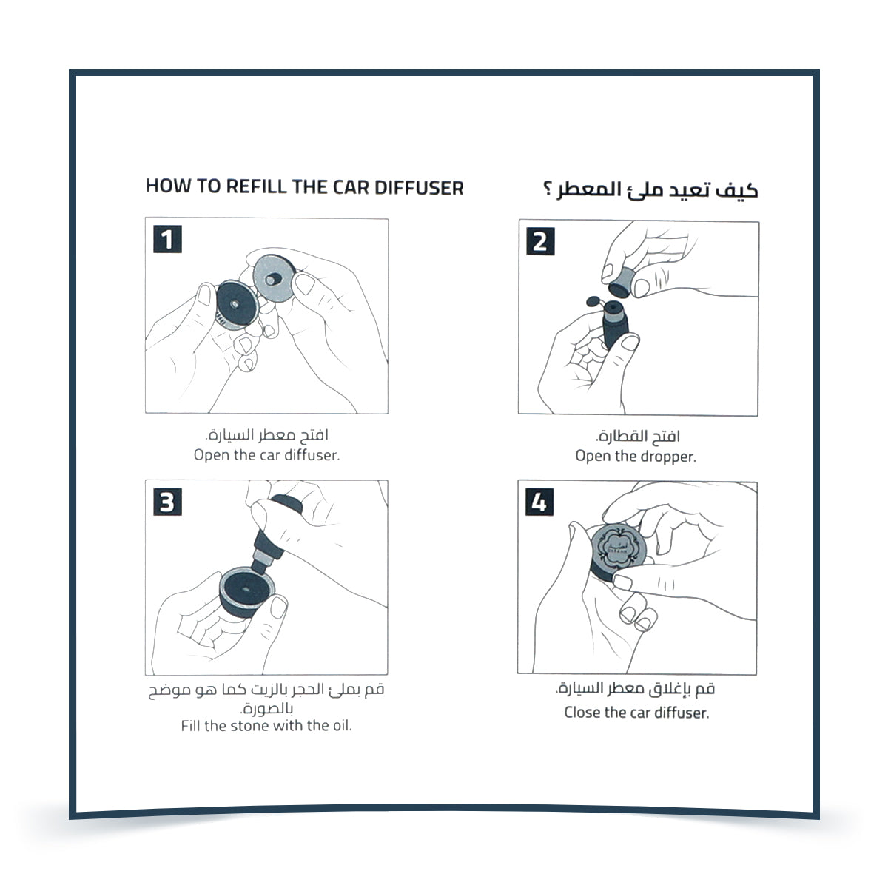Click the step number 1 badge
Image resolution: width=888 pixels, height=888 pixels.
click(x=167, y=240)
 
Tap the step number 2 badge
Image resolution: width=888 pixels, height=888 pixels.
click(x=539, y=241)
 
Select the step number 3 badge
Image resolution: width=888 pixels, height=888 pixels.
click(x=167, y=502)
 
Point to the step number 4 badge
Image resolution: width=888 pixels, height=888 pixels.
click(x=539, y=502)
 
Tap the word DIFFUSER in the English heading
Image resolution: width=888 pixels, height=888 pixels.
click(x=418, y=186)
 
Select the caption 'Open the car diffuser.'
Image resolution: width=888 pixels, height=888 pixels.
click(x=266, y=455)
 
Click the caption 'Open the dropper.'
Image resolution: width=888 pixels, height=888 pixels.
click(x=636, y=457)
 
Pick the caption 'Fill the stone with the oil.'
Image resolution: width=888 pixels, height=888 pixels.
click(x=266, y=726)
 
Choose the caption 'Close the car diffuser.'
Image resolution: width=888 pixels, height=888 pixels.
click(x=636, y=713)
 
